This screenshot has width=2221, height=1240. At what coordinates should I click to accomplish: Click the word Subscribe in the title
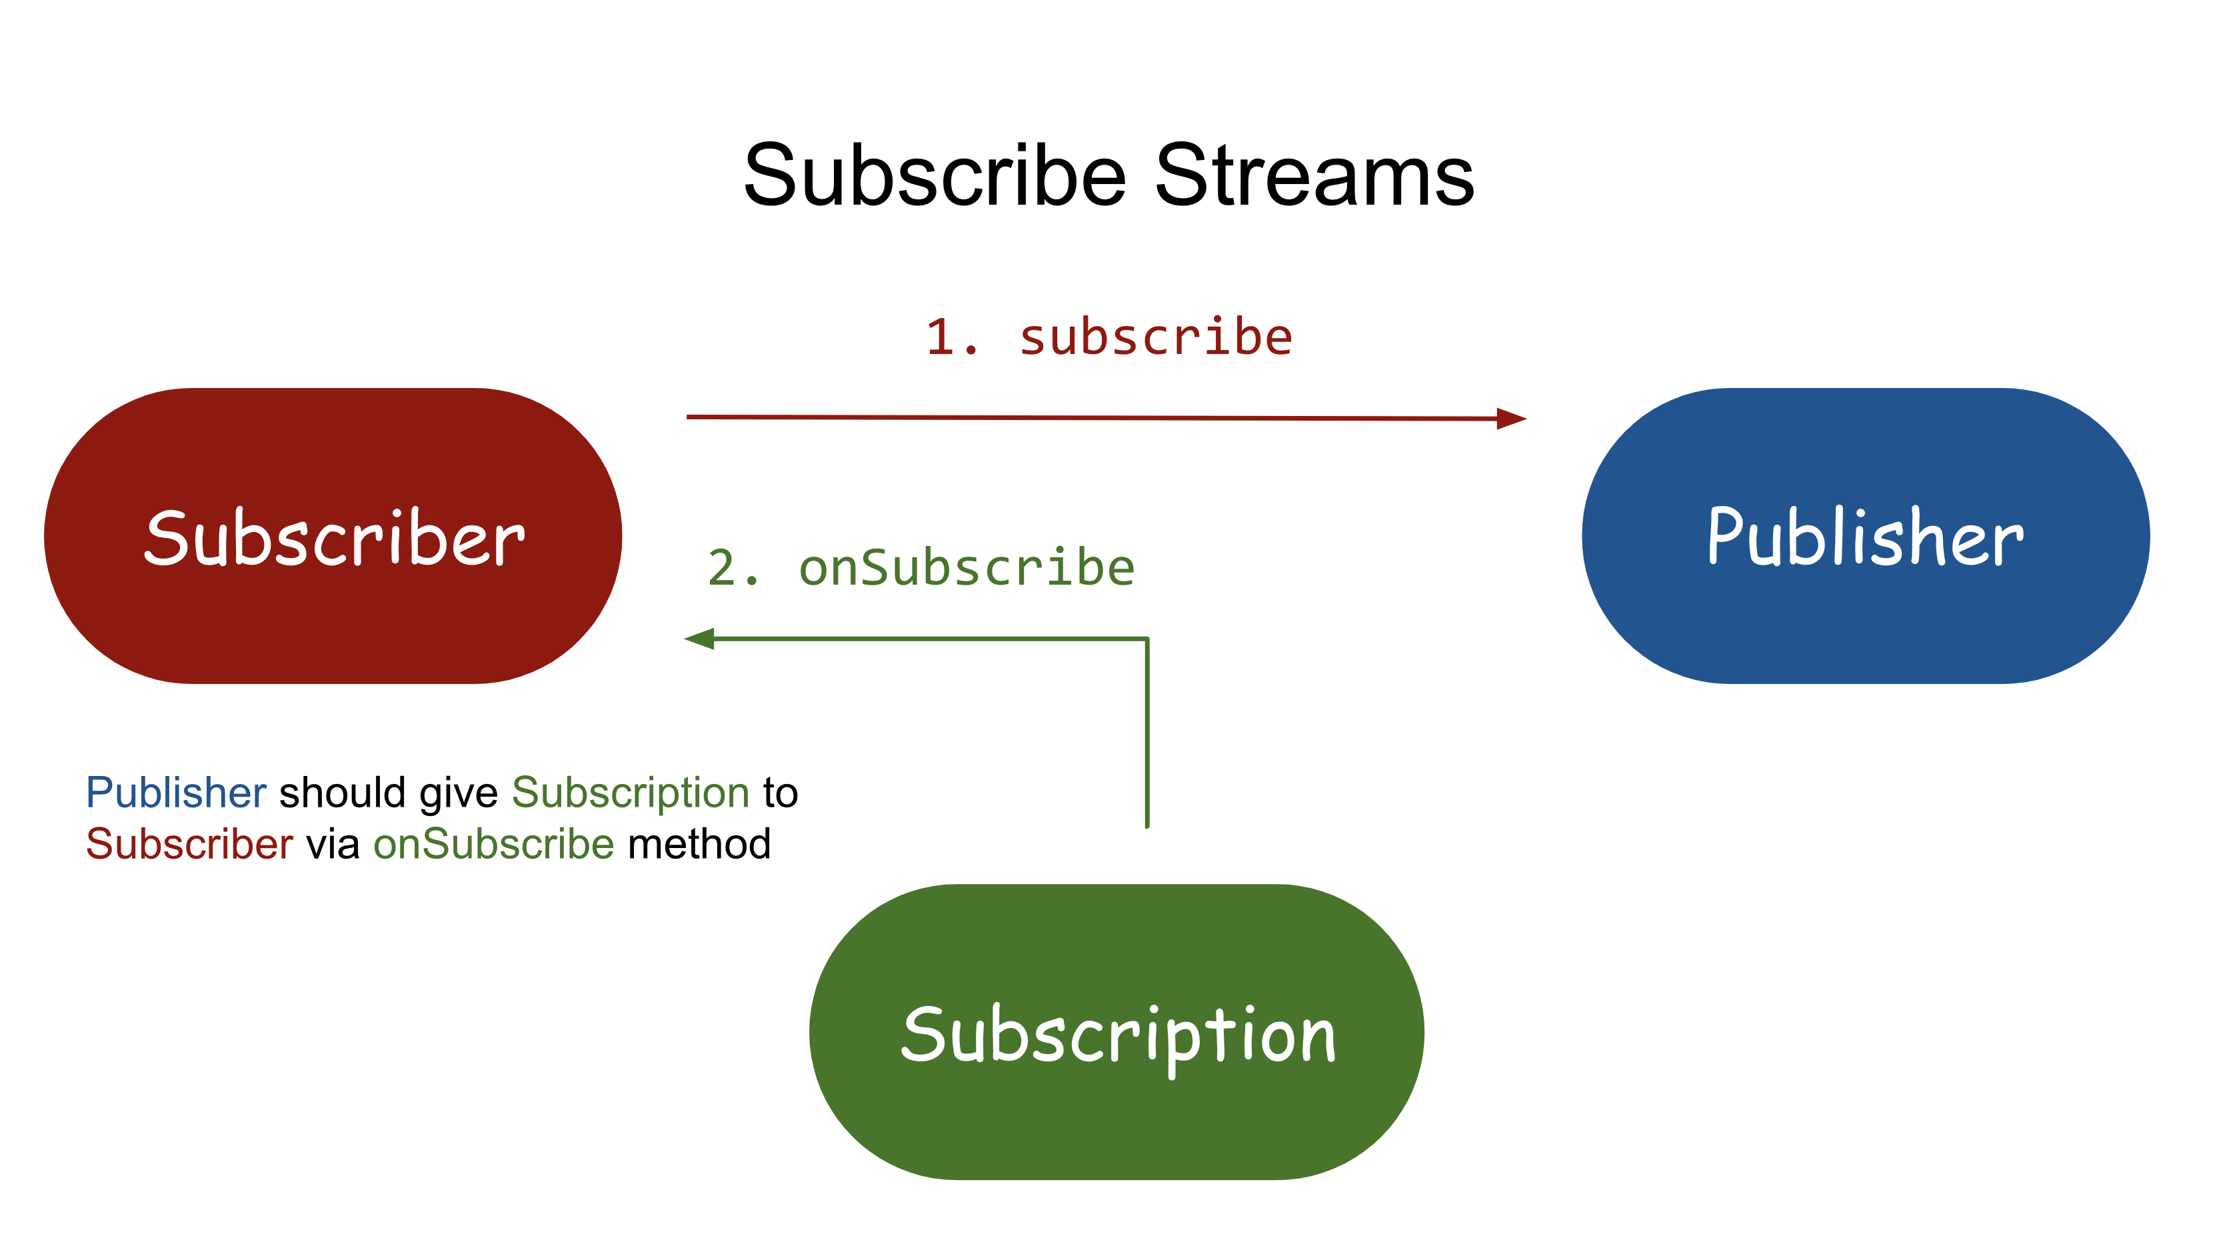(x=935, y=176)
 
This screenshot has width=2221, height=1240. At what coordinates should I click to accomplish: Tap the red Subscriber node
(x=333, y=537)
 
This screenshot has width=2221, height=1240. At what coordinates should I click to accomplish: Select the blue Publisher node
(x=1865, y=537)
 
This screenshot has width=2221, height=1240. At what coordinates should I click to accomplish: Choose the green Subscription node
(x=1116, y=1032)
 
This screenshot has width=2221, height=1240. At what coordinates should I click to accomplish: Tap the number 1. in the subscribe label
(x=952, y=337)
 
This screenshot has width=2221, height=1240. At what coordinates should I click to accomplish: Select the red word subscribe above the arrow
(x=1155, y=337)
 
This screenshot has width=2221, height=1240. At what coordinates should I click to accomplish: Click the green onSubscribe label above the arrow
(x=967, y=568)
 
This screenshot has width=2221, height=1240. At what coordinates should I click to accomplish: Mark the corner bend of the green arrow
(x=1146, y=639)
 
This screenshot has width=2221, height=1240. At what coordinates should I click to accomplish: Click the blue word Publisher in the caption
(x=176, y=793)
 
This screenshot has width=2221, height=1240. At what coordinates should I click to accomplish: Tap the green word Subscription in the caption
(x=631, y=793)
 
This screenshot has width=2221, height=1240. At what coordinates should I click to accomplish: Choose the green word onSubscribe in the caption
(x=493, y=844)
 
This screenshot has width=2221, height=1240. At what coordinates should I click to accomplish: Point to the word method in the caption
(x=699, y=844)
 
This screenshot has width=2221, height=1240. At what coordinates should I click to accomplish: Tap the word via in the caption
(x=333, y=844)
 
